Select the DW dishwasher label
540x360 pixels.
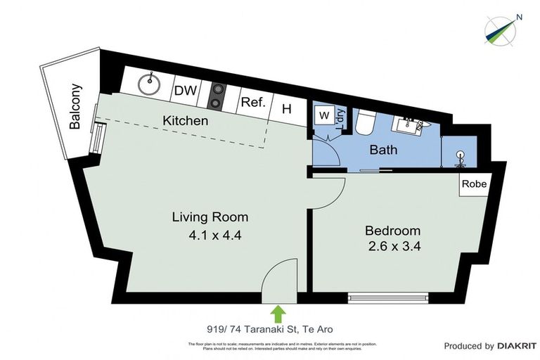185,90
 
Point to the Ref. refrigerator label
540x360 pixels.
253,102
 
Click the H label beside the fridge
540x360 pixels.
286,109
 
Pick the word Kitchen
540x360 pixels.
186,120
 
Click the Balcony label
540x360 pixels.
75,107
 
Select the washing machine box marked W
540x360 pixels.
324,115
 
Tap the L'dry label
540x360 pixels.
340,120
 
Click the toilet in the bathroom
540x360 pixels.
365,124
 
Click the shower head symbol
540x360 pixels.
461,156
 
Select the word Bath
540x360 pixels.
383,149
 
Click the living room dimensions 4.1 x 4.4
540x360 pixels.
210,236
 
